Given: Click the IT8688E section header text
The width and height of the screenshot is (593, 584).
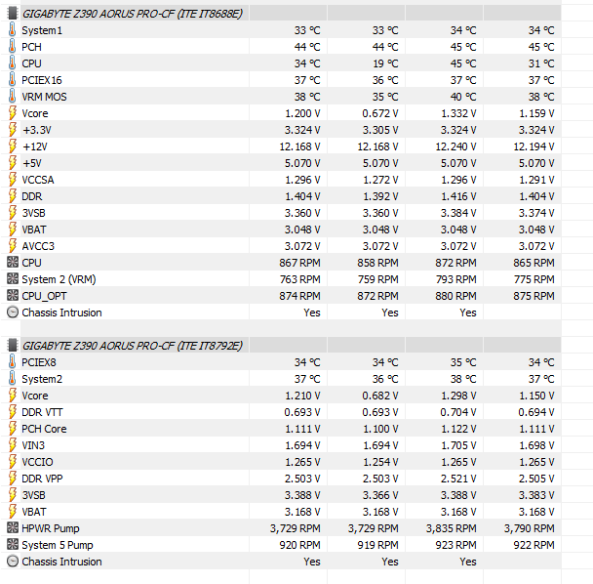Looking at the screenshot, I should pyautogui.click(x=133, y=13).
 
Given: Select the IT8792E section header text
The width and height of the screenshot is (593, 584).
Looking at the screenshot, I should pyautogui.click(x=133, y=345).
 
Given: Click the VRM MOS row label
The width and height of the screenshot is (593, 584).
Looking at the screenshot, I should pyautogui.click(x=44, y=97).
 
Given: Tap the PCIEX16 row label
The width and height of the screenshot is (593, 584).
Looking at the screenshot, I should pyautogui.click(x=42, y=80).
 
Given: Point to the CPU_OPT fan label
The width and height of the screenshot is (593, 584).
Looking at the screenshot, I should pyautogui.click(x=45, y=296).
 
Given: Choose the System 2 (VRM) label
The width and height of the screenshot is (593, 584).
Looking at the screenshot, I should pyautogui.click(x=59, y=279).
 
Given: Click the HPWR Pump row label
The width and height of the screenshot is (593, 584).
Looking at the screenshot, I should pyautogui.click(x=51, y=528).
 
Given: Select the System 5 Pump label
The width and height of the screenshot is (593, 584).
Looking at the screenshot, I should pyautogui.click(x=57, y=545).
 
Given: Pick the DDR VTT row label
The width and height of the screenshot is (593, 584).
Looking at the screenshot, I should pyautogui.click(x=42, y=412).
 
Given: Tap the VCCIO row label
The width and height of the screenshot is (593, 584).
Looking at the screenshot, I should pyautogui.click(x=37, y=462).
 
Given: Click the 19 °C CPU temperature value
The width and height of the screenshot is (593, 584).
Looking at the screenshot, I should pyautogui.click(x=384, y=63).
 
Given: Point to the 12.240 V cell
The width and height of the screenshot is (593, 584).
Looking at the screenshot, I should pyautogui.click(x=455, y=146).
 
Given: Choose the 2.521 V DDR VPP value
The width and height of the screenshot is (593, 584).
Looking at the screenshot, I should pyautogui.click(x=456, y=479).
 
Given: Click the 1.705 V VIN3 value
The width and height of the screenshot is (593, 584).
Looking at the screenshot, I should pyautogui.click(x=456, y=445).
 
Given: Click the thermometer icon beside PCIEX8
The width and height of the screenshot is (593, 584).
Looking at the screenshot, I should pyautogui.click(x=12, y=362).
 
